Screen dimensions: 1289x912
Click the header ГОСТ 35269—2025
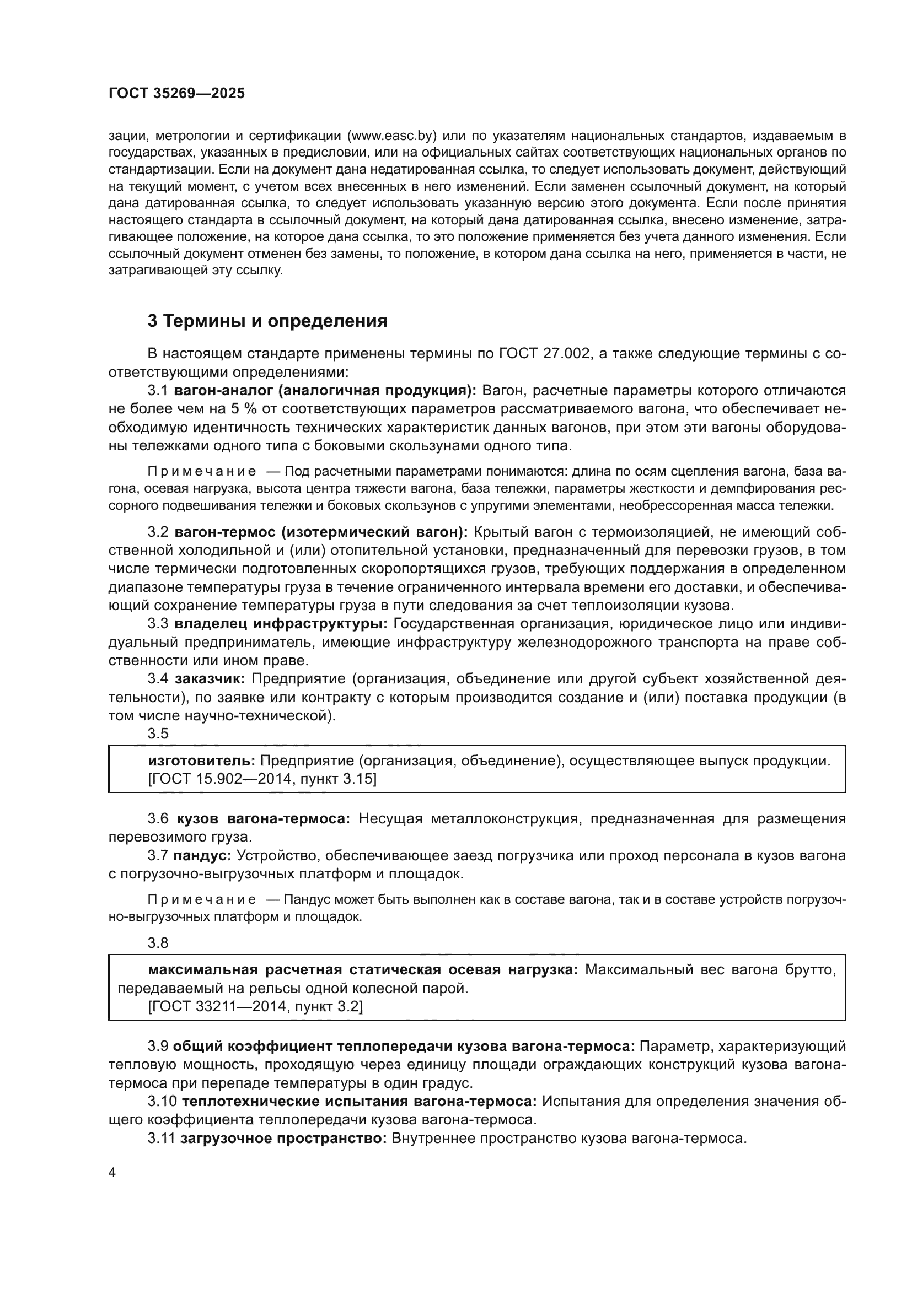click(x=176, y=93)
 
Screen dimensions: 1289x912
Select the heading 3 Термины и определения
click(x=267, y=321)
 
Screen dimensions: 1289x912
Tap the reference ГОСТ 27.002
click(x=544, y=353)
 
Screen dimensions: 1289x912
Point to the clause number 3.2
click(x=158, y=532)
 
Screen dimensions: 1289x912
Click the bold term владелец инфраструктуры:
click(x=280, y=624)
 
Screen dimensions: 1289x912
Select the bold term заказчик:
click(x=210, y=679)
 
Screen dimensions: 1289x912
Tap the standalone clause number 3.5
click(x=158, y=734)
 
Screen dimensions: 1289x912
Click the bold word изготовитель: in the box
click(x=202, y=761)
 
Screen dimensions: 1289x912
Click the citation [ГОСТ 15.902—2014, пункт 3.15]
click(x=262, y=779)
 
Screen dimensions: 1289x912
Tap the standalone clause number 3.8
click(x=158, y=943)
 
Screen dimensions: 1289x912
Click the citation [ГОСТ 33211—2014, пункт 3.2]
click(x=255, y=1007)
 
